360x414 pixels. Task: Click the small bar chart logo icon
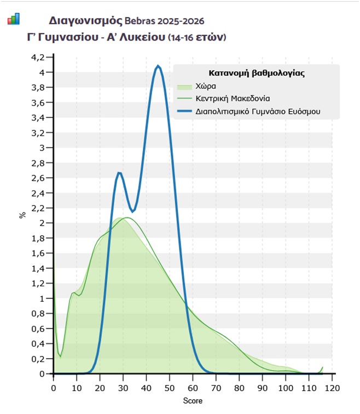[13, 20]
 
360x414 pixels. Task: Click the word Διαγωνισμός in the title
[85, 21]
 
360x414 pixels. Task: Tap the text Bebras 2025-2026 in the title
[164, 21]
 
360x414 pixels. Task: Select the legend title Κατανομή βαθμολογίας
[257, 73]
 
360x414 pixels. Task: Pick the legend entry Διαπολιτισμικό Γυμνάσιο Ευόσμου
[258, 111]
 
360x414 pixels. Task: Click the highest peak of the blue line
[158, 66]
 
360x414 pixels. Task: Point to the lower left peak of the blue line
[119, 173]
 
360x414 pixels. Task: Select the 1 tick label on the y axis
[43, 298]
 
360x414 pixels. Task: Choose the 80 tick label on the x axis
[239, 388]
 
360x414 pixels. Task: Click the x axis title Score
[193, 401]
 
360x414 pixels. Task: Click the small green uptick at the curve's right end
[322, 368]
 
